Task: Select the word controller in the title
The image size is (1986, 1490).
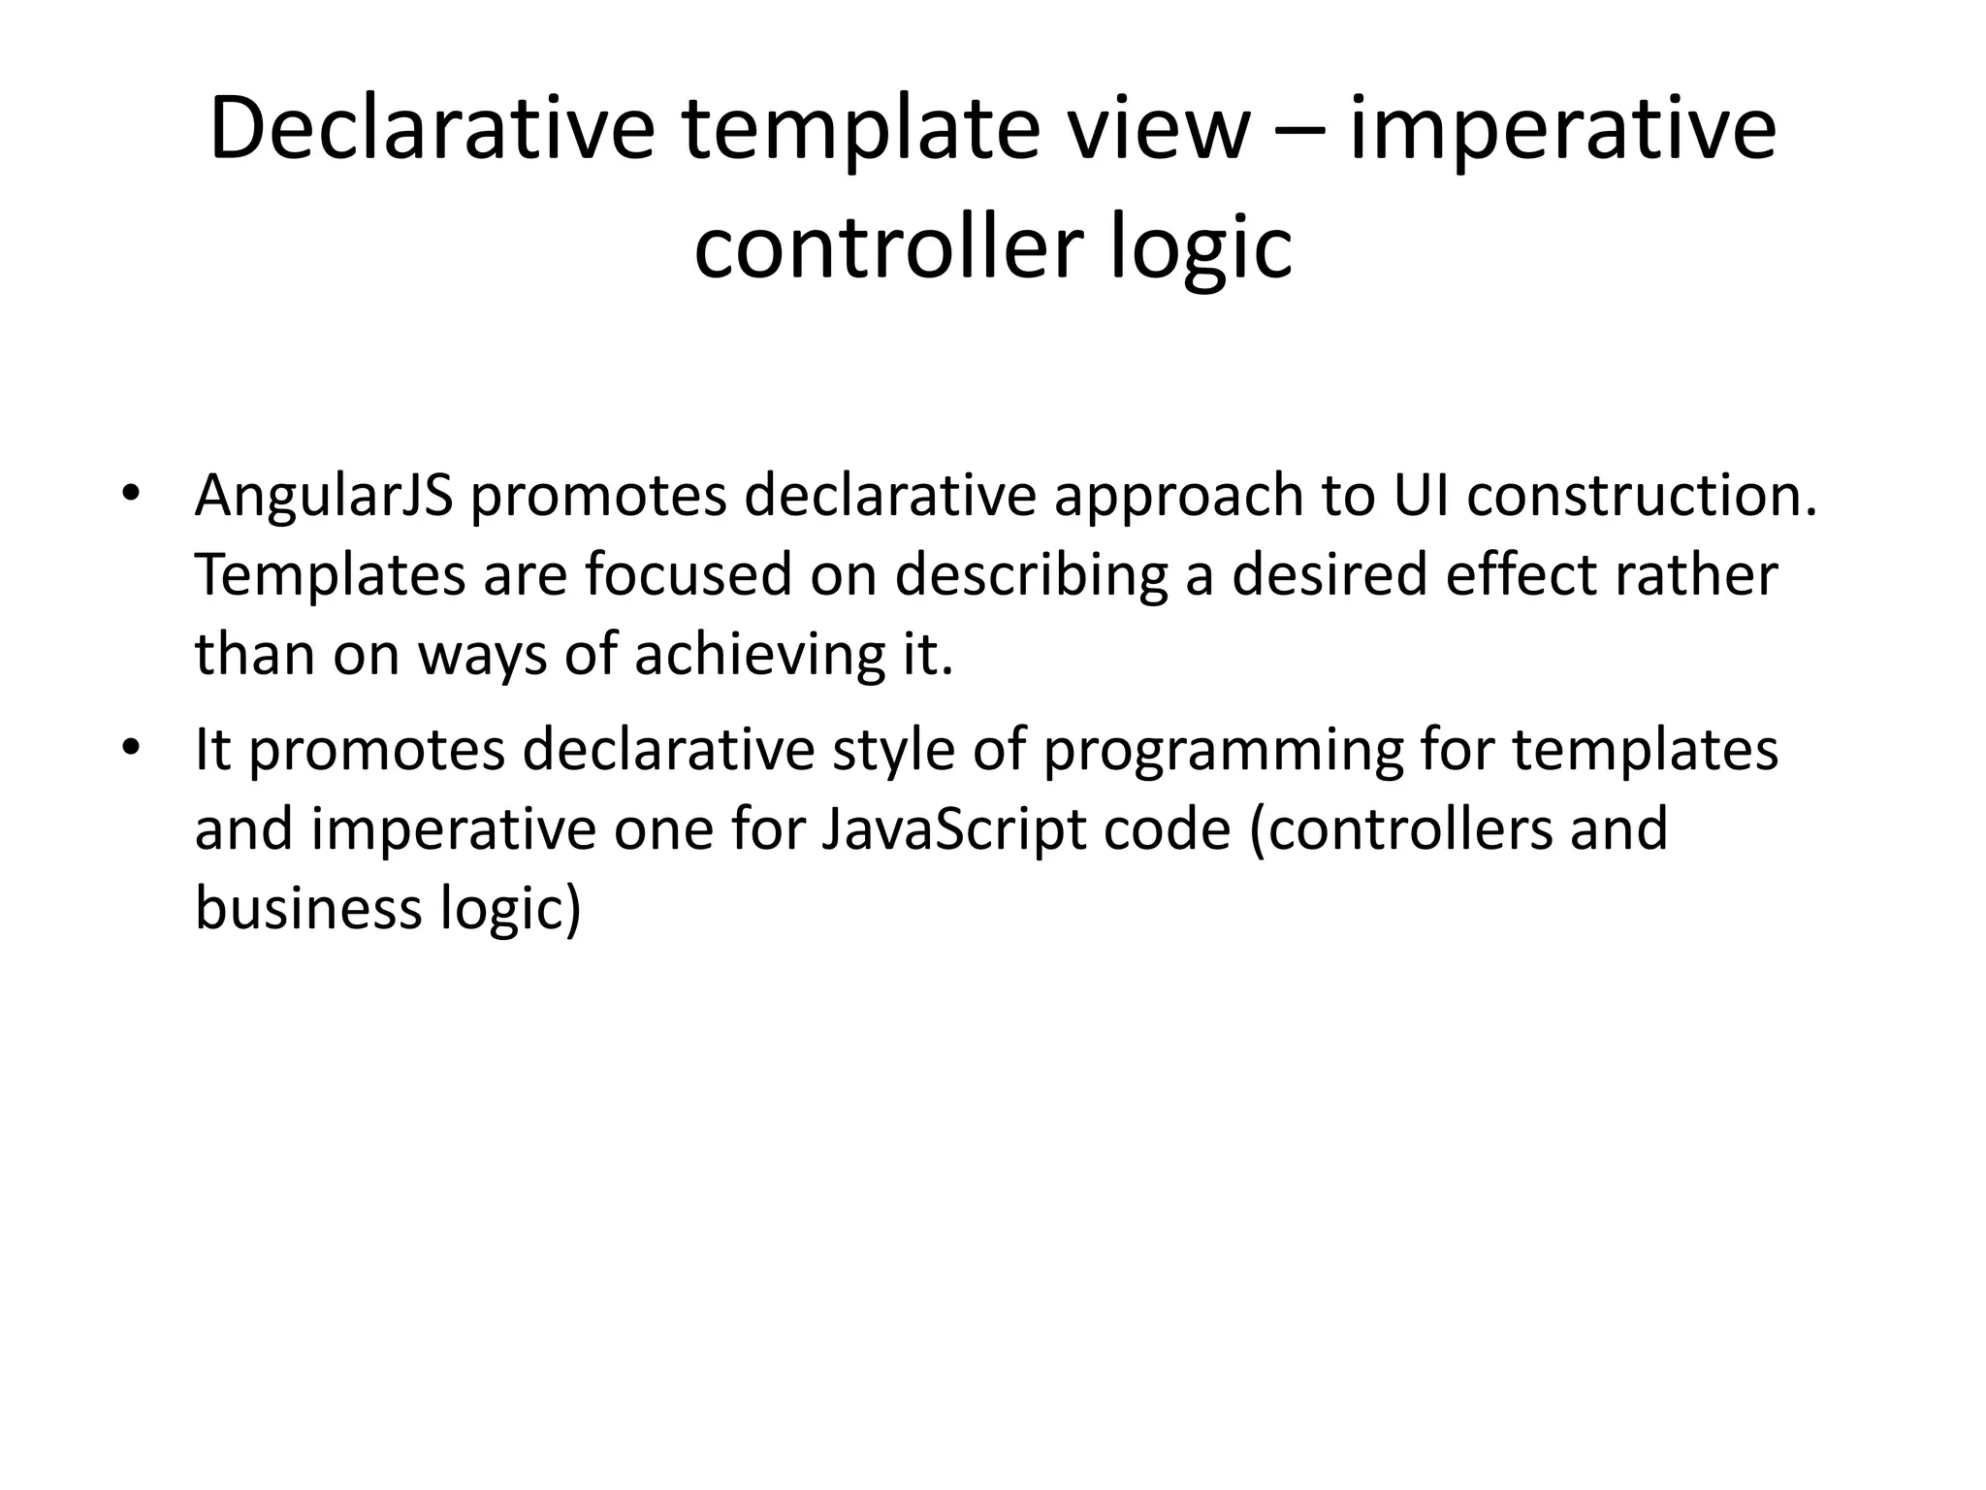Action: pos(887,247)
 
